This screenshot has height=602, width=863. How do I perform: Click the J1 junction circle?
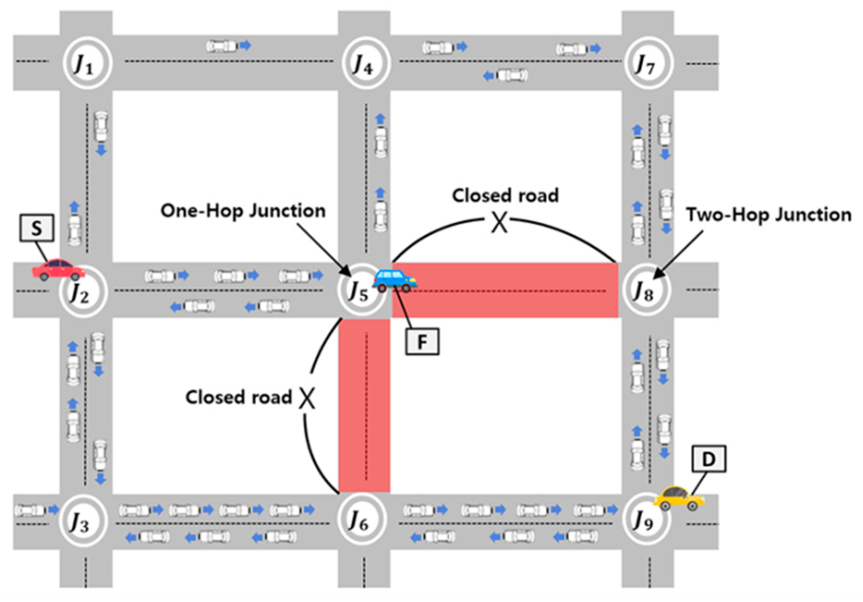87,63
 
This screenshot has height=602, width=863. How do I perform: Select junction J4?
366,63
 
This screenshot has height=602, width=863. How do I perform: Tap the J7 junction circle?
648,63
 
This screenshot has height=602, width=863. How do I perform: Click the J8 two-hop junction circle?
646,290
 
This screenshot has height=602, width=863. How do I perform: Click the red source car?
58,269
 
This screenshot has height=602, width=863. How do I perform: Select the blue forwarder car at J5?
395,280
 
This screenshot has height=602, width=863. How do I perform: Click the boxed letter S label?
37,228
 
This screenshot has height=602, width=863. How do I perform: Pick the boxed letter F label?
422,342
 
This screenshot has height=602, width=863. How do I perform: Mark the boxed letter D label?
708,459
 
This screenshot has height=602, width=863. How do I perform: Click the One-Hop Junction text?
243,211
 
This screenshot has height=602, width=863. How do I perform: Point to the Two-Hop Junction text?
768,215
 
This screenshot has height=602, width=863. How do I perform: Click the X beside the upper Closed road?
499,222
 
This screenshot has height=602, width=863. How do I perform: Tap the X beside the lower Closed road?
307,398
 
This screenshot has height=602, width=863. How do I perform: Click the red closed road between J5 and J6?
364,406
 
